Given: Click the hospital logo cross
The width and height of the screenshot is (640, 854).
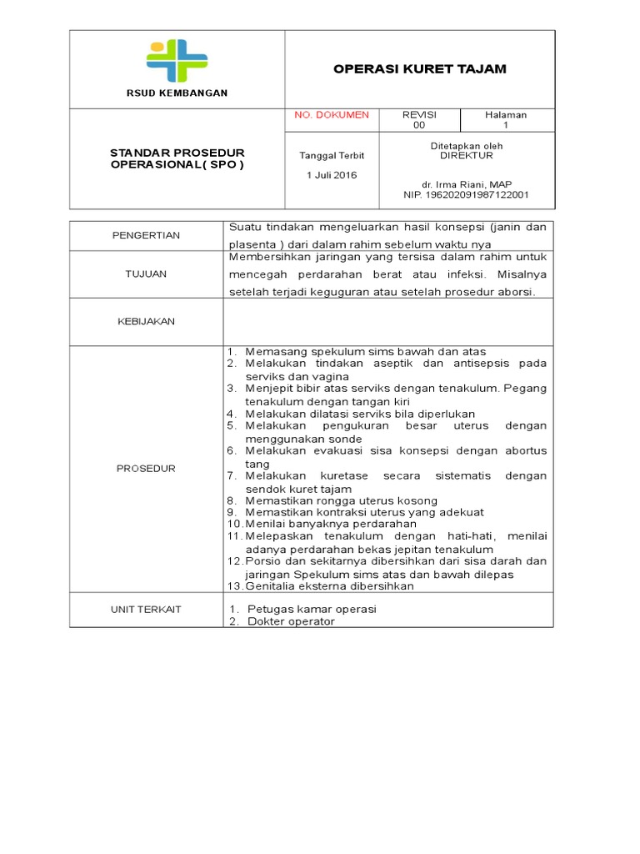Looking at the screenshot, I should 177,60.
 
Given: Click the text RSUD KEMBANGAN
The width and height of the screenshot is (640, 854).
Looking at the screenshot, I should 177,93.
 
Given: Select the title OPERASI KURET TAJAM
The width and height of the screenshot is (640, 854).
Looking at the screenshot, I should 420,68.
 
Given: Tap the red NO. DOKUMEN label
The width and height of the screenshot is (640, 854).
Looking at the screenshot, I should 332,115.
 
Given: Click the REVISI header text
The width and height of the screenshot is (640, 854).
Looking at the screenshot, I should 419,115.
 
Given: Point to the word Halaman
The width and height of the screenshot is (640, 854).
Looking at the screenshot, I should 506,115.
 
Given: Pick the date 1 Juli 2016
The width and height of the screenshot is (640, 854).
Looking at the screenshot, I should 332,175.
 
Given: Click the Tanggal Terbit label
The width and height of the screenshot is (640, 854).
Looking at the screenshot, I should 332,156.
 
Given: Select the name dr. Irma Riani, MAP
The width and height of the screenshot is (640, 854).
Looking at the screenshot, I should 467,184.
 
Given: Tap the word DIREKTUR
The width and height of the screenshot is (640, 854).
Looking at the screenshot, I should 467,156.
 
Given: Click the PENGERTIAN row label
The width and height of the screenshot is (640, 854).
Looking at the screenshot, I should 146,235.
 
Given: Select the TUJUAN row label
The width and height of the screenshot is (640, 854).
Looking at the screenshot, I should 146,274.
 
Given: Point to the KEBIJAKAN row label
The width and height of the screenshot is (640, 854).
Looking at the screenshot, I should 146,321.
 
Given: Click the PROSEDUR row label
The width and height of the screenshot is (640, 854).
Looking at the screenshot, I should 146,469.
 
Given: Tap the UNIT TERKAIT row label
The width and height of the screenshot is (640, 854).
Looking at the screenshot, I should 146,610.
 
